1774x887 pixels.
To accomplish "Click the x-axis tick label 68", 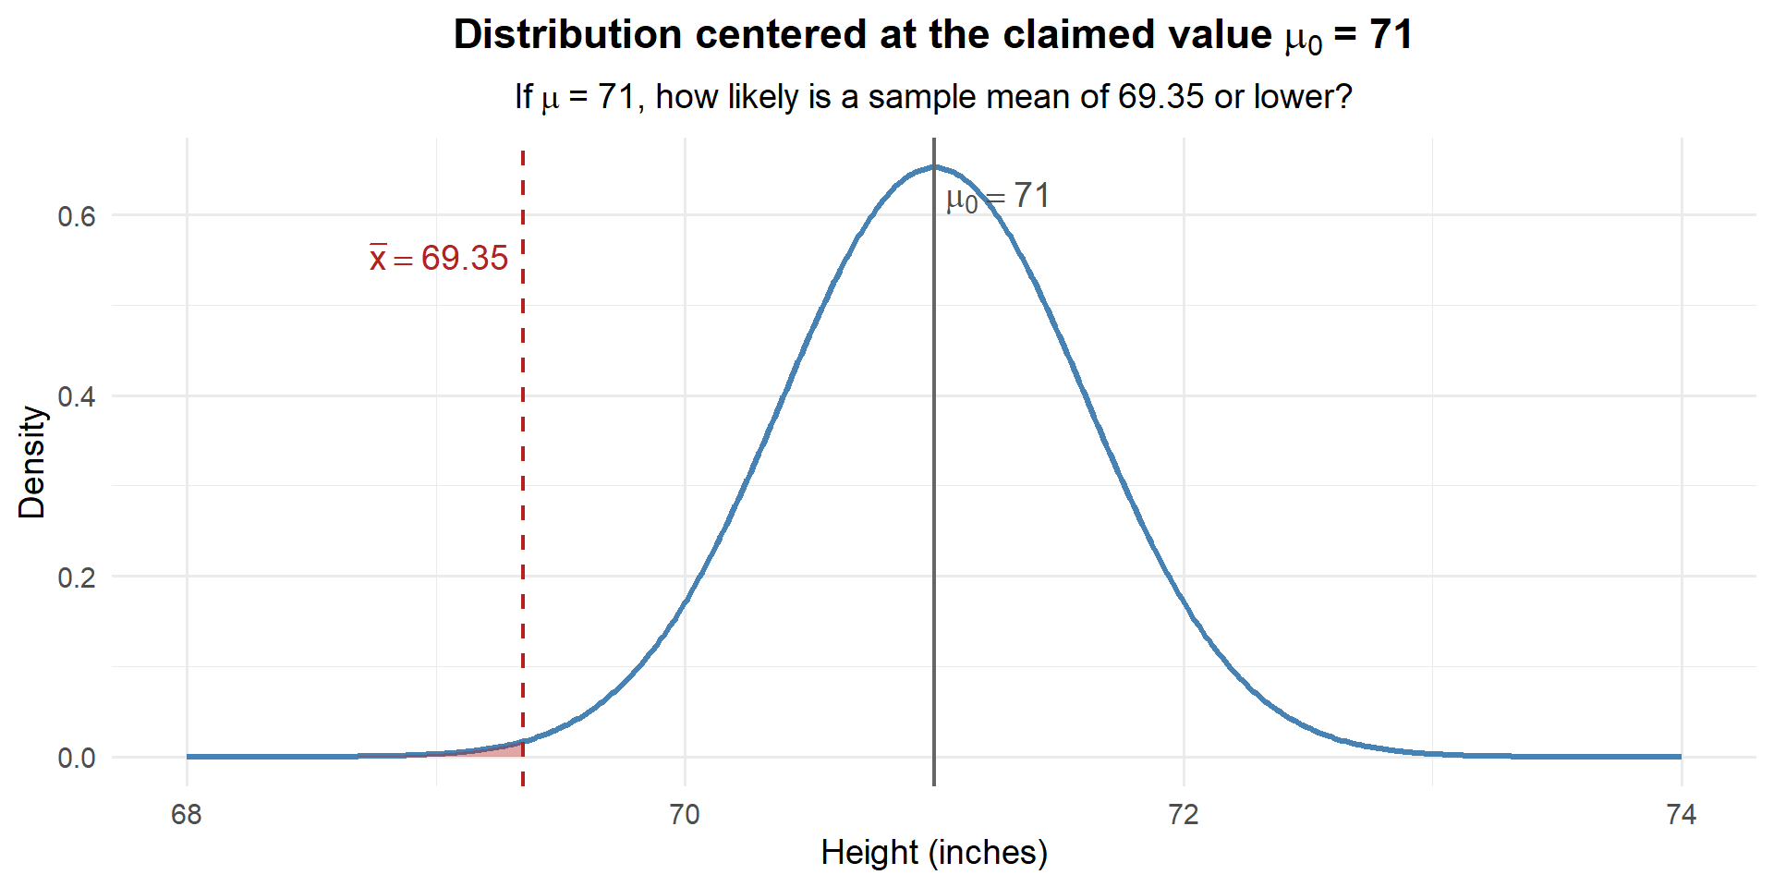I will coord(187,814).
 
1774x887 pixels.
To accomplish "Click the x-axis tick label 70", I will coord(685,814).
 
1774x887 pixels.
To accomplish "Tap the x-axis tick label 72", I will coord(1183,814).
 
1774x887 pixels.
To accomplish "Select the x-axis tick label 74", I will coord(1682,814).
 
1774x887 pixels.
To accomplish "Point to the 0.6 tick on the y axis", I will coord(77,216).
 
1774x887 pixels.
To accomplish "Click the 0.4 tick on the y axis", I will coord(77,396).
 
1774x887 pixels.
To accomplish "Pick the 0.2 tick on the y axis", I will coord(77,577).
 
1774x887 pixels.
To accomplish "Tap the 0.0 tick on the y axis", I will coord(77,758).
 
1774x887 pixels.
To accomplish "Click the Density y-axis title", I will coord(32,462).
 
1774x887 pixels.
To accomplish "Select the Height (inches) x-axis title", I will coord(934,852).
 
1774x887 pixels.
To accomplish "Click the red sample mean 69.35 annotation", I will coord(440,259).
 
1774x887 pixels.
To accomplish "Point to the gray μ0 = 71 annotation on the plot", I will coord(998,197).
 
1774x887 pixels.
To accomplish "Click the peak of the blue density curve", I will coord(934,167).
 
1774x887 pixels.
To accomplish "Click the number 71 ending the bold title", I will coord(1391,35).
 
